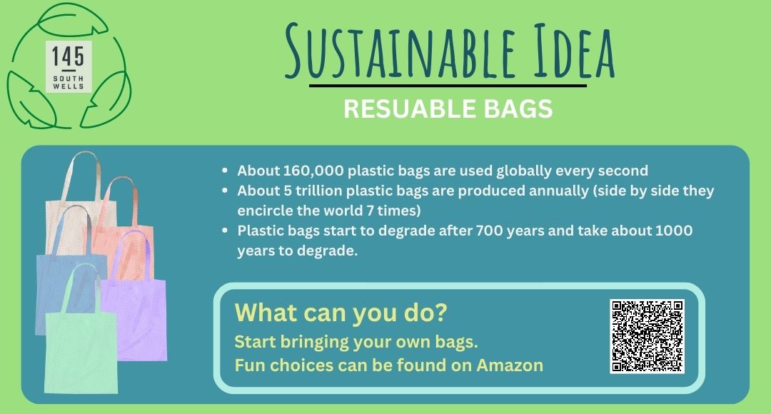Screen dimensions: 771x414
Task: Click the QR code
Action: pyautogui.click(x=647, y=336)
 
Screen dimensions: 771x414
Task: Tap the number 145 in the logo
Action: pyautogui.click(x=68, y=56)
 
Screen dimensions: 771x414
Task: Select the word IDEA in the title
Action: pyautogui.click(x=574, y=51)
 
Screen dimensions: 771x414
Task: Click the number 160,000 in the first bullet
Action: pyautogui.click(x=313, y=171)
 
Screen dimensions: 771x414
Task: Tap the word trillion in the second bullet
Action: pyautogui.click(x=318, y=191)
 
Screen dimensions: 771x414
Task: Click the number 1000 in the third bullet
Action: pyautogui.click(x=674, y=231)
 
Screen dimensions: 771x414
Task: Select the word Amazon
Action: pyautogui.click(x=510, y=365)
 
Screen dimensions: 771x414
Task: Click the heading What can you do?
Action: pyautogui.click(x=341, y=312)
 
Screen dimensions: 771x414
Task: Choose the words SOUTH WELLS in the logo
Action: pyautogui.click(x=69, y=82)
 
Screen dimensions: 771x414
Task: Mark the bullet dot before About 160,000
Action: pyautogui.click(x=225, y=171)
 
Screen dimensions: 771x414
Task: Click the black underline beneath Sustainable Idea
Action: pyautogui.click(x=448, y=86)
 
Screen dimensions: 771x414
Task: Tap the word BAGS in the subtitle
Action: pyautogui.click(x=518, y=108)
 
